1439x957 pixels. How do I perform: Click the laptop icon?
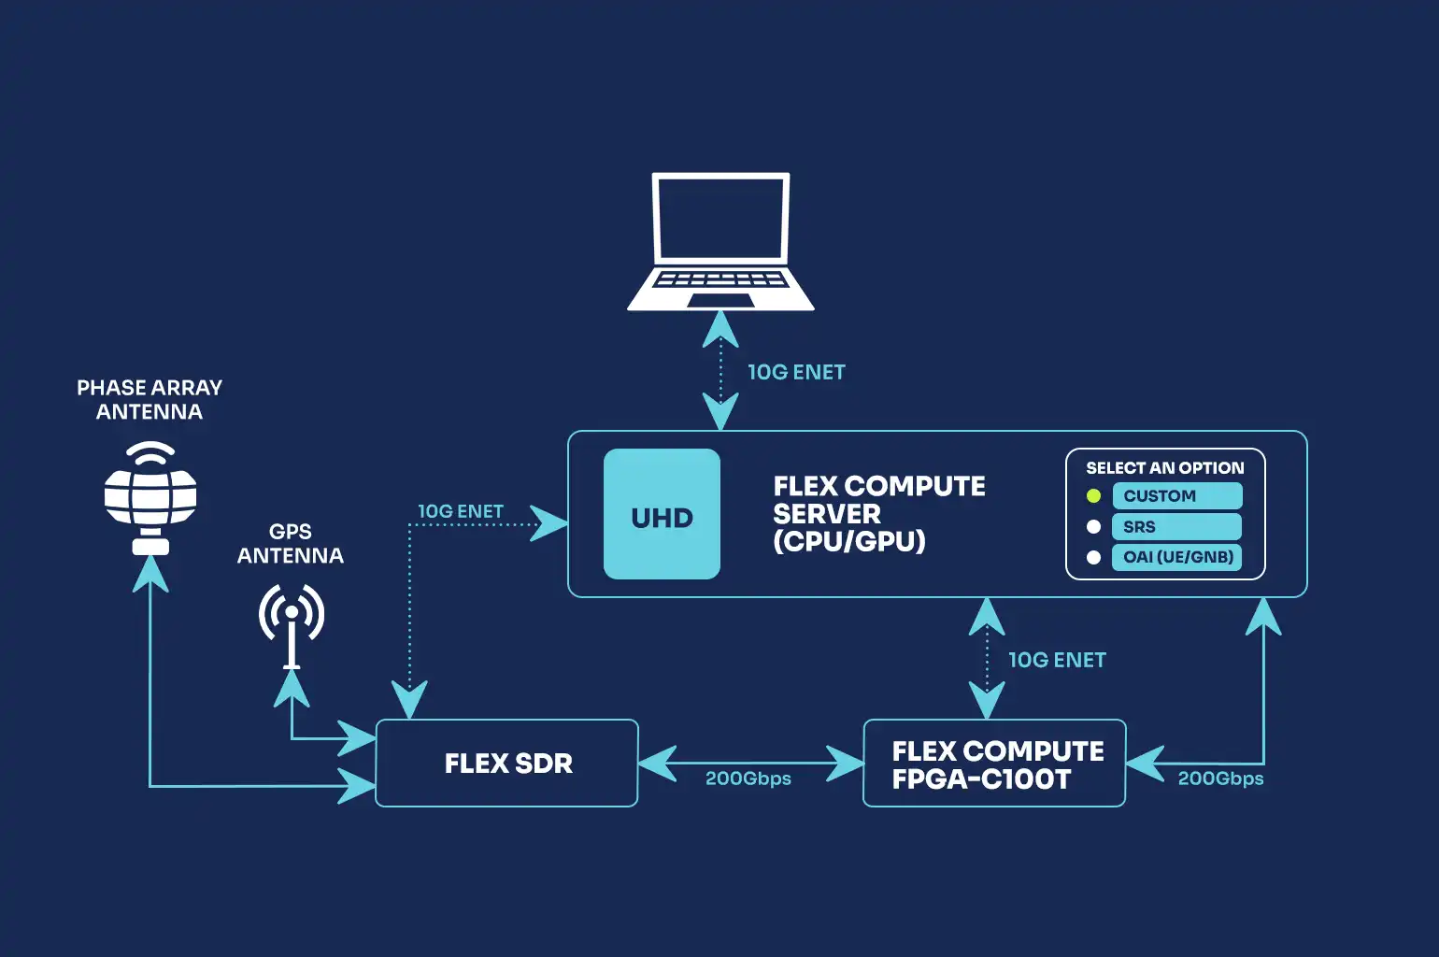(720, 241)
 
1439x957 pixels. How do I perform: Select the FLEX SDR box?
(506, 763)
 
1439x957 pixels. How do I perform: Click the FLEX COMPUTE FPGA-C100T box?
(994, 763)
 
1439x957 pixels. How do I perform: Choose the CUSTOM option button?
(1176, 496)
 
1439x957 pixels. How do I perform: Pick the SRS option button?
(1176, 526)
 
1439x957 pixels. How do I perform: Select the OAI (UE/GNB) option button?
(1176, 557)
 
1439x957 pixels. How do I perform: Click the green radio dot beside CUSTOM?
(1093, 496)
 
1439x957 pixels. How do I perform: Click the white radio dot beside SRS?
(1093, 527)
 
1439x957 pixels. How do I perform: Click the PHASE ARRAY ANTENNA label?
(150, 400)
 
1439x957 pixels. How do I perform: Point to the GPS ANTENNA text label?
(291, 544)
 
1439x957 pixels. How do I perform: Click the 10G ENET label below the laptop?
(796, 372)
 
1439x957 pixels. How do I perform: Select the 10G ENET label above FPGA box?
(1057, 660)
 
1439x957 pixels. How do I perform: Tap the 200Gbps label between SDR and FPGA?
(748, 778)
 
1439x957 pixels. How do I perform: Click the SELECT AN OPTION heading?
(1164, 467)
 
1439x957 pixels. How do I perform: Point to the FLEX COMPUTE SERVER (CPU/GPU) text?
(878, 513)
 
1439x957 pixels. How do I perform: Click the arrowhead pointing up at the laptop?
(720, 328)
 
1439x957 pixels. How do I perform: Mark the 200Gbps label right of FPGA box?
(1220, 778)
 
